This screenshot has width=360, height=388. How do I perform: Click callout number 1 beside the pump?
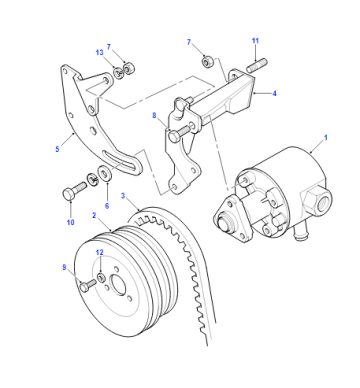326,137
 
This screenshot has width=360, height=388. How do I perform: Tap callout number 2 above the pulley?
94,215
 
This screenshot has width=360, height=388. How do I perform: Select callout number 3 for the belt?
123,195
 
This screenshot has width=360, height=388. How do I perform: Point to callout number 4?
274,94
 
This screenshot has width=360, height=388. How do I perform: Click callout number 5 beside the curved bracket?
57,149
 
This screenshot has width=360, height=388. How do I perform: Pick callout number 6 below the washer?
107,206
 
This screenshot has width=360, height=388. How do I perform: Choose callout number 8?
154,116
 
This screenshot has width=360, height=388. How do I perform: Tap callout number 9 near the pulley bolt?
64,267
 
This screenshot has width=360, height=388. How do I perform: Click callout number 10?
70,222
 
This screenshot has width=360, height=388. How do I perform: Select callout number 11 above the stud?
255,41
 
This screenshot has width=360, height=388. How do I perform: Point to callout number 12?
100,252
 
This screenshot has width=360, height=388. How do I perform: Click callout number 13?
99,52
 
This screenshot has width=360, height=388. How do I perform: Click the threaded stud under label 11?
257,65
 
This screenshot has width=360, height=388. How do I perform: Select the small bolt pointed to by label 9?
87,285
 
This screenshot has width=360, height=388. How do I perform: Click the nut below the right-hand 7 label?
207,62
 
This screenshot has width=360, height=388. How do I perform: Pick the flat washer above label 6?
104,173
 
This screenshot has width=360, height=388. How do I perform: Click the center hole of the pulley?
118,286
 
